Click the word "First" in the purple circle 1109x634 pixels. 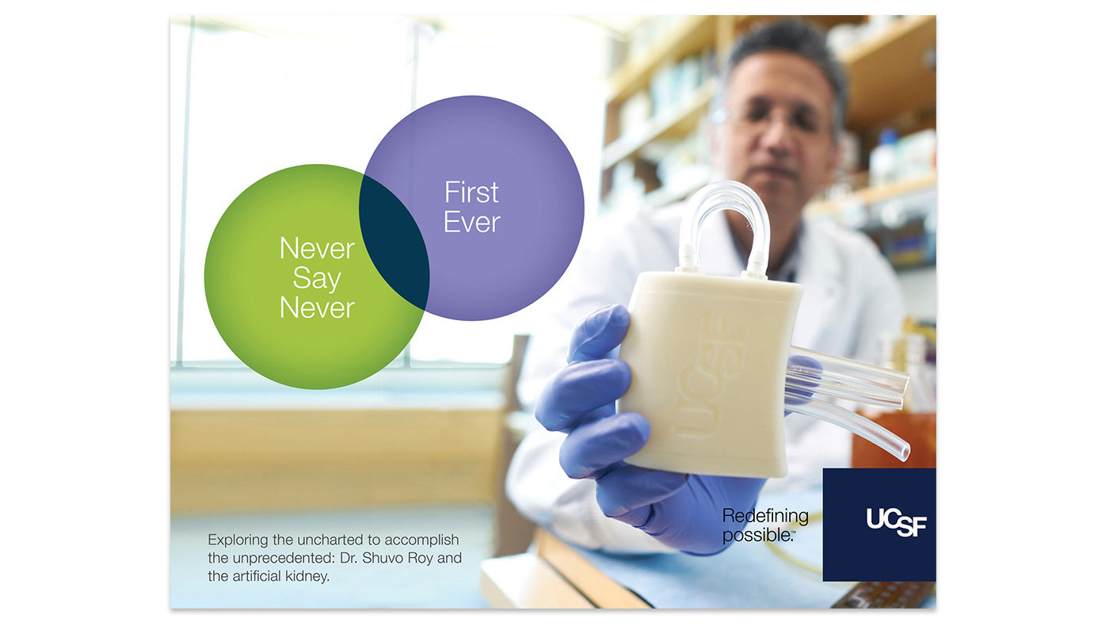(x=471, y=192)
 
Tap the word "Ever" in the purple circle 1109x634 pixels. (x=472, y=222)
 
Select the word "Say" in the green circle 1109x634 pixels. (x=317, y=279)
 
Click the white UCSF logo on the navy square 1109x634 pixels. (x=896, y=522)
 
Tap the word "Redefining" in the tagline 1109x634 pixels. (x=765, y=516)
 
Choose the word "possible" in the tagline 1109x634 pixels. (x=756, y=536)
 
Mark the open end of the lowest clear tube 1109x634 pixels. (x=905, y=453)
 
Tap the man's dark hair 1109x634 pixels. (x=787, y=44)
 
